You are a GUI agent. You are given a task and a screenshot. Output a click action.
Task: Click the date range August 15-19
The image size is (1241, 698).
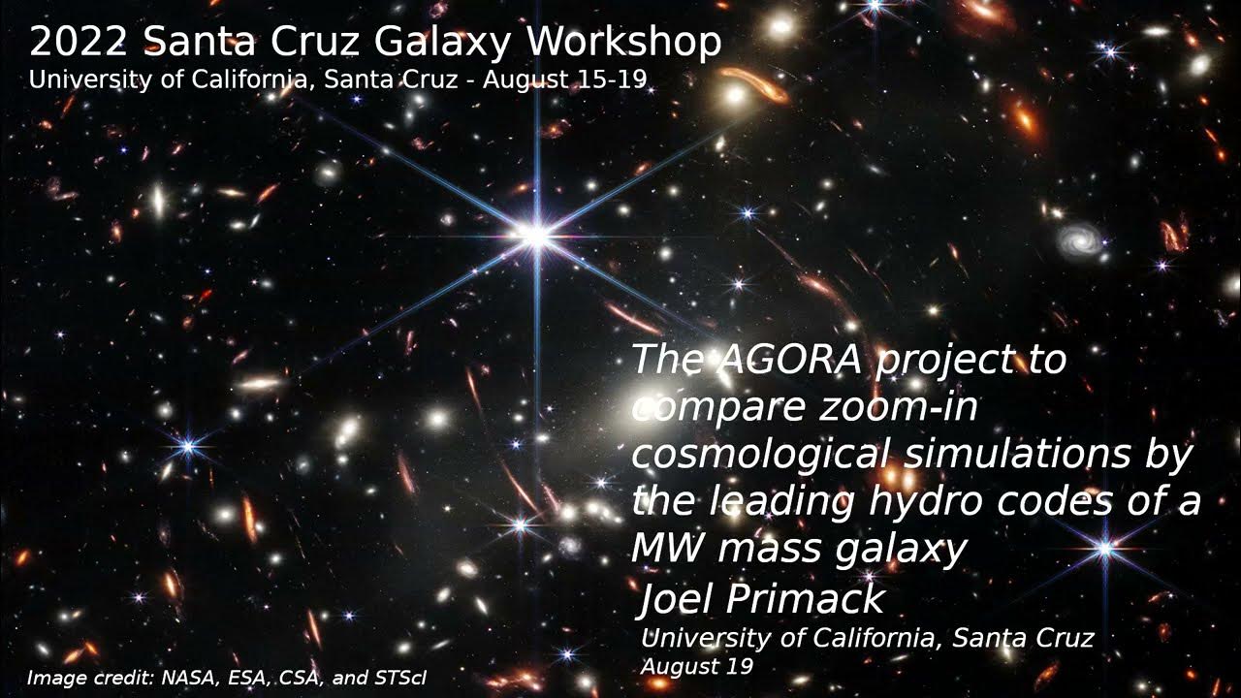pos(563,79)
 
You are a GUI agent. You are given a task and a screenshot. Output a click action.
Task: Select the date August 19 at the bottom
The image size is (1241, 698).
pos(696,667)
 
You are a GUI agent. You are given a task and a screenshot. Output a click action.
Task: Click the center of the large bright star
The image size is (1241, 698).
pos(534,234)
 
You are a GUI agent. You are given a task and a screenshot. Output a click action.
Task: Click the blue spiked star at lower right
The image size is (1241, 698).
pos(1104,550)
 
